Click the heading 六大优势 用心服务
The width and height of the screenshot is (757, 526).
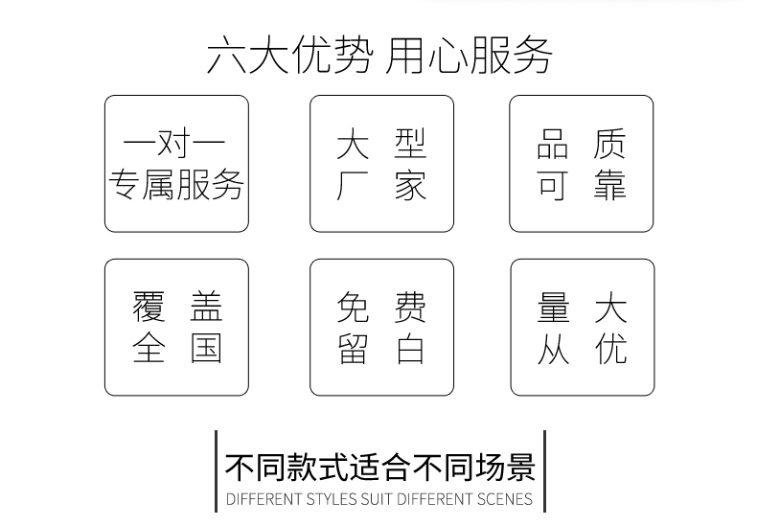pyautogui.click(x=379, y=56)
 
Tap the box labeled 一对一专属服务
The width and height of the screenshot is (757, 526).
pyautogui.click(x=176, y=164)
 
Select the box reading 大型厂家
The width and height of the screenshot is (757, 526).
pyautogui.click(x=382, y=164)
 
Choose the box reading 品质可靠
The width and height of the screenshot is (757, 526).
pyautogui.click(x=582, y=164)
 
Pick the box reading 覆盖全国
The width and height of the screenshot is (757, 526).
pyautogui.click(x=176, y=327)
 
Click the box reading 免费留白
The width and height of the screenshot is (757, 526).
pyautogui.click(x=382, y=327)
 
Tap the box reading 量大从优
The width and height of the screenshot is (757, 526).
pyautogui.click(x=583, y=327)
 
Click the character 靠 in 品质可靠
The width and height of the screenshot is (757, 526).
pyautogui.click(x=610, y=185)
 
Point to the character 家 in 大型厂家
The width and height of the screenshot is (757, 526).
pyautogui.click(x=411, y=185)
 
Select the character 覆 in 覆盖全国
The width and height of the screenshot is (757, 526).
pyautogui.click(x=149, y=307)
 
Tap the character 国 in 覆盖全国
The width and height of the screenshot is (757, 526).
pyautogui.click(x=206, y=349)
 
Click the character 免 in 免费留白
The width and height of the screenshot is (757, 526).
pyautogui.click(x=354, y=307)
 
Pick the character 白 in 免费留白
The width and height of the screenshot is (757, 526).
pyautogui.click(x=411, y=349)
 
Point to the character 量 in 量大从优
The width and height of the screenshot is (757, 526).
pyautogui.click(x=553, y=307)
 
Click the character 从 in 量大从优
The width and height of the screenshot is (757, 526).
pyautogui.click(x=553, y=349)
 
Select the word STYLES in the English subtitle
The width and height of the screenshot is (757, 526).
pyautogui.click(x=332, y=499)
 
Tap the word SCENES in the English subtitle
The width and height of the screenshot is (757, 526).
pyautogui.click(x=505, y=499)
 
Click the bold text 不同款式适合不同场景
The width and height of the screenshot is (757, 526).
pyautogui.click(x=380, y=468)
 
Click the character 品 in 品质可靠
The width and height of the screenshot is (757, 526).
pyautogui.click(x=553, y=144)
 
